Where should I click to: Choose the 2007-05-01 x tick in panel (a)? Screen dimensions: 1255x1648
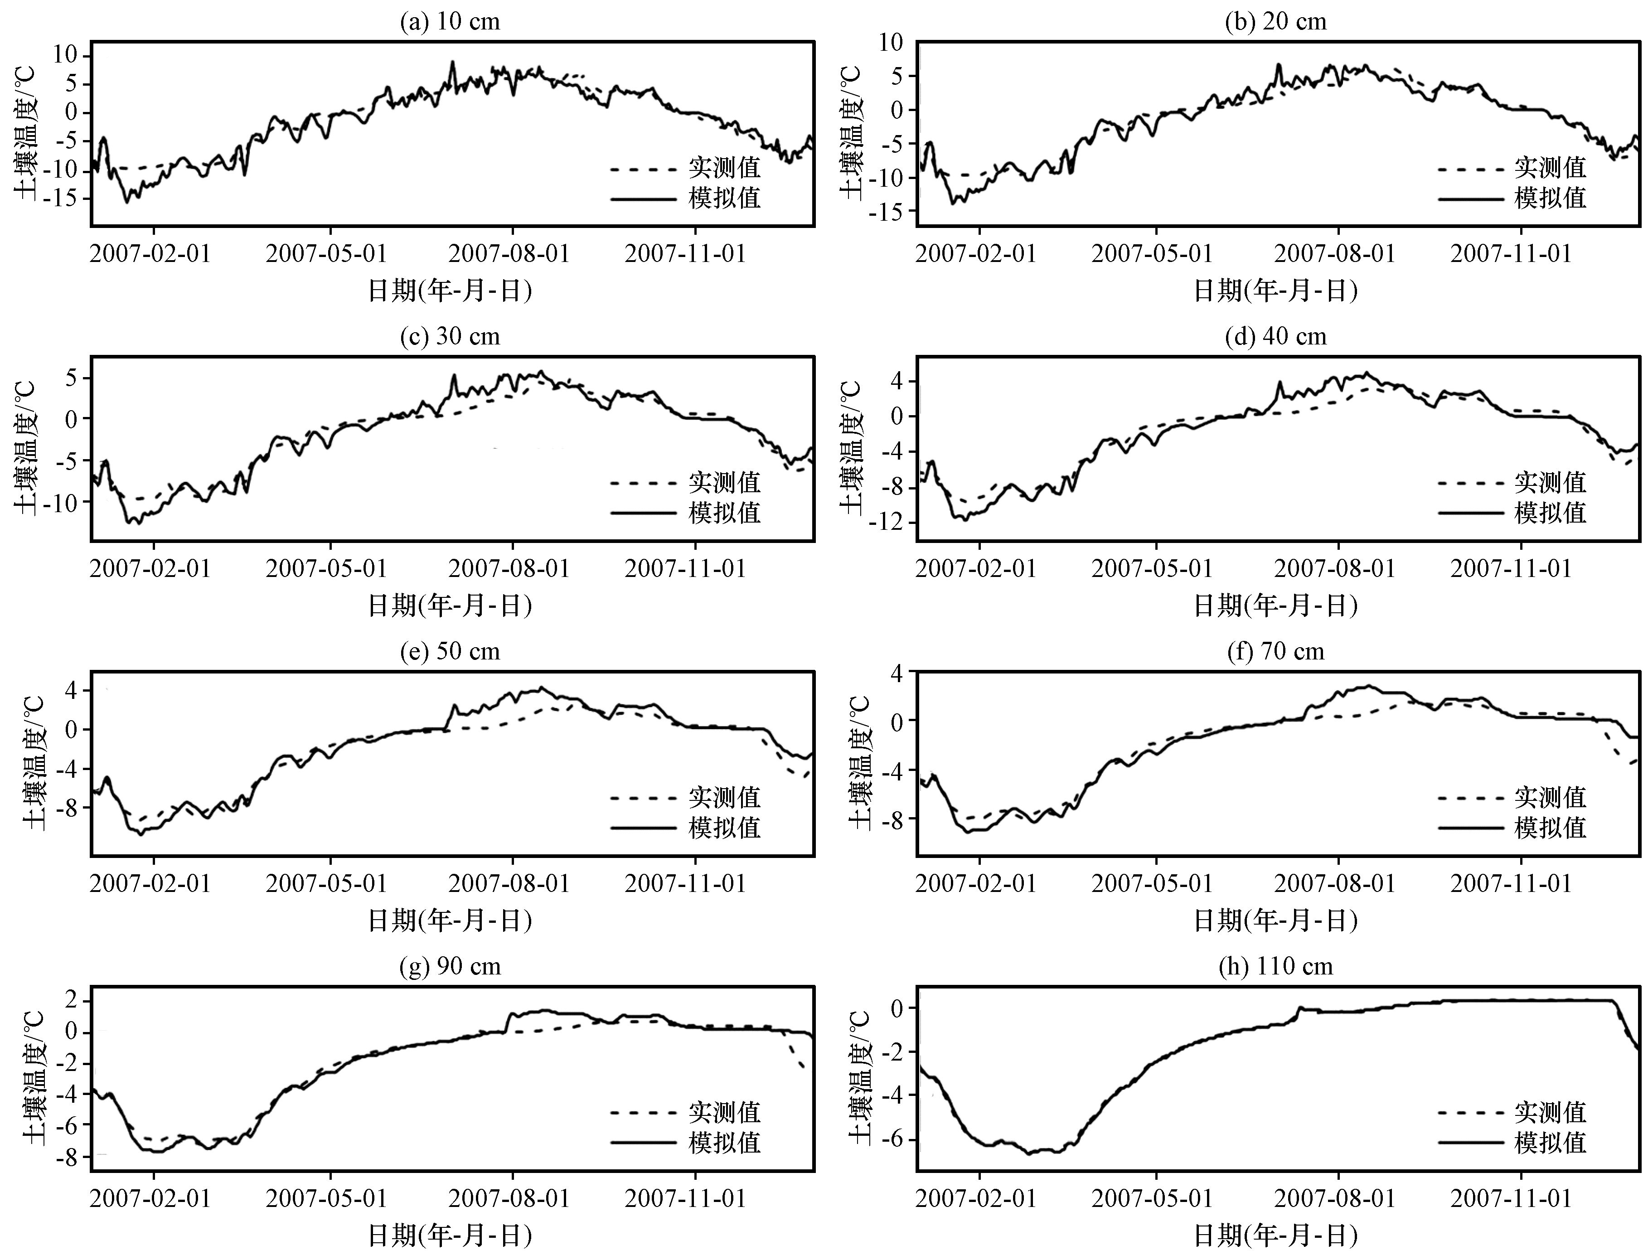coord(326,253)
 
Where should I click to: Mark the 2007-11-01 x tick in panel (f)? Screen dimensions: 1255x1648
coord(1511,884)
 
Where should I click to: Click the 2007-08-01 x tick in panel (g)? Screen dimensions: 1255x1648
coord(509,1199)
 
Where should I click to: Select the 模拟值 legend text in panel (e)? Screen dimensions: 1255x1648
coord(725,828)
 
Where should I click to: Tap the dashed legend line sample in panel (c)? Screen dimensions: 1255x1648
coord(643,483)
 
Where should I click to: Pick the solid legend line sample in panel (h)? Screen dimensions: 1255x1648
coord(1469,1143)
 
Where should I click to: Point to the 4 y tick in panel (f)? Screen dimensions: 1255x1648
coord(895,673)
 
